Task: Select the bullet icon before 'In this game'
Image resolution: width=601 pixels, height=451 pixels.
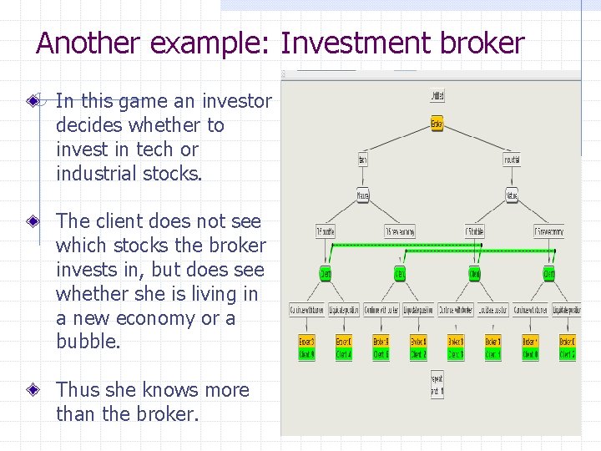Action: tap(33, 101)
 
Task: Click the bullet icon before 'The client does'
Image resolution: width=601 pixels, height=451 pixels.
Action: tap(33, 221)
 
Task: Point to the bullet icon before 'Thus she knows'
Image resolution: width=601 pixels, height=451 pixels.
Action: tap(33, 390)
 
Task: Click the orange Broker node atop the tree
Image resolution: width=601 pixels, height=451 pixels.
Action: tap(437, 124)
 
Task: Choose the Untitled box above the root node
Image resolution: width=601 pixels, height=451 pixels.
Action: tap(437, 95)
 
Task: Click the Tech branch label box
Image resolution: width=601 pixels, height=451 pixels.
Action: tap(362, 160)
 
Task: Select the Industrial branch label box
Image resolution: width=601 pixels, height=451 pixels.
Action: tap(512, 160)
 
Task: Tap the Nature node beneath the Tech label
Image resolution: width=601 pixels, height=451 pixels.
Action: tap(362, 196)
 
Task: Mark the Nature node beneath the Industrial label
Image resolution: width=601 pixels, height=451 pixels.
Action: tap(512, 196)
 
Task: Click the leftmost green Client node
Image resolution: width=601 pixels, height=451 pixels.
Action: tap(325, 273)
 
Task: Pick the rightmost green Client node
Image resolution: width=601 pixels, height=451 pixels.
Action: tap(549, 273)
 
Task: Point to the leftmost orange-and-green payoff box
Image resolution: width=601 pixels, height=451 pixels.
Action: tap(307, 347)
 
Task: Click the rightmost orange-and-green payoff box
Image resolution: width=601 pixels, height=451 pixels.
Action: tap(567, 347)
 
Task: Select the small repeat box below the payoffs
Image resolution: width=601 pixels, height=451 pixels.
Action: tap(437, 385)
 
